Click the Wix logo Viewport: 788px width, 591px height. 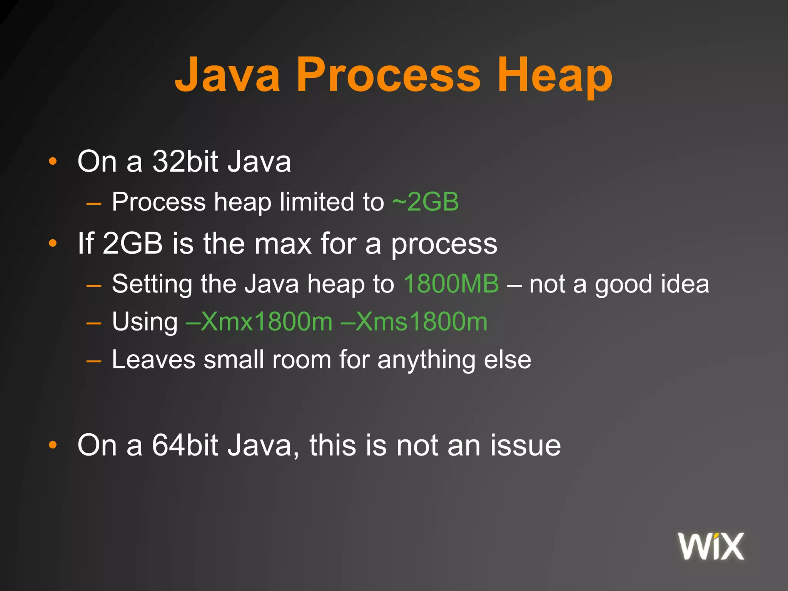point(711,546)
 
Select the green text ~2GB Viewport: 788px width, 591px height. point(426,202)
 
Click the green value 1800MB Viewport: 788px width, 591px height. point(451,284)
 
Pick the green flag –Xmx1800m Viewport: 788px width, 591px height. point(259,322)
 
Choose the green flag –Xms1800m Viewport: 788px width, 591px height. point(414,322)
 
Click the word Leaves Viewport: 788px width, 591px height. point(154,360)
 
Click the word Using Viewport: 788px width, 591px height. point(145,322)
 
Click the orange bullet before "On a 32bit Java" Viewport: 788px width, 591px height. point(53,162)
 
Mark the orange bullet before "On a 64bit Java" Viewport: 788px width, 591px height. point(53,446)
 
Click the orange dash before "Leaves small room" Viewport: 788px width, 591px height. point(94,361)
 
